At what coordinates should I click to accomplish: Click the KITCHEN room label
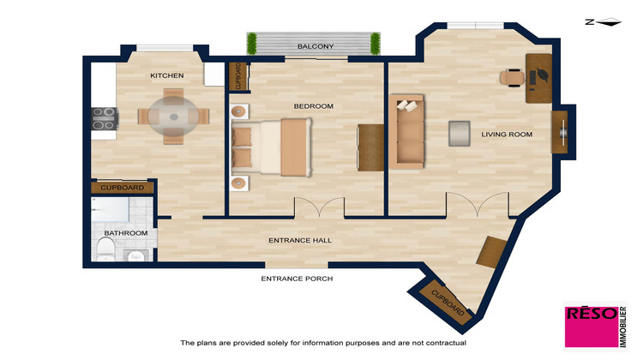(x=166, y=76)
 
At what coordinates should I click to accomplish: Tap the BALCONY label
(x=315, y=45)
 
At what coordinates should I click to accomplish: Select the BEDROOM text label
(x=313, y=106)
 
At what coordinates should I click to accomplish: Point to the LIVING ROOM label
(x=507, y=135)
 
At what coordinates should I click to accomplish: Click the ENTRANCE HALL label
(x=300, y=240)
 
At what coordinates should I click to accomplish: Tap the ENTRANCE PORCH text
(x=297, y=279)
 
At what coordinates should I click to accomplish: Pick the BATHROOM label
(x=126, y=233)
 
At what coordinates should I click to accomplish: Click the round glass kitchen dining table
(x=173, y=117)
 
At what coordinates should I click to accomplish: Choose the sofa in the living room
(x=408, y=131)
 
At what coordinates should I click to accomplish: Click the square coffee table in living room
(x=460, y=134)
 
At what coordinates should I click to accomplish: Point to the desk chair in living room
(x=512, y=76)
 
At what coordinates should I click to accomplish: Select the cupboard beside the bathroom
(x=123, y=187)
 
